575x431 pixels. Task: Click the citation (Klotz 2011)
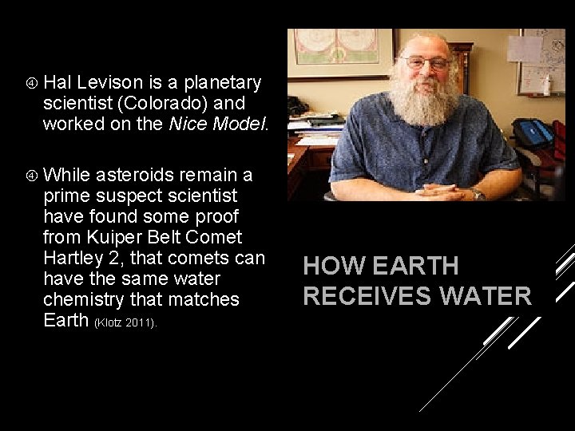click(x=127, y=322)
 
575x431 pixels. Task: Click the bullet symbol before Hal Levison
click(x=30, y=82)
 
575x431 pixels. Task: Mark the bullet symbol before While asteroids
click(x=30, y=175)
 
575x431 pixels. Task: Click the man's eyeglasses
click(x=425, y=61)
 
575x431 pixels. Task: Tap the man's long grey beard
click(x=423, y=100)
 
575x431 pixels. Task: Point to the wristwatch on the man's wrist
click(x=478, y=192)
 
